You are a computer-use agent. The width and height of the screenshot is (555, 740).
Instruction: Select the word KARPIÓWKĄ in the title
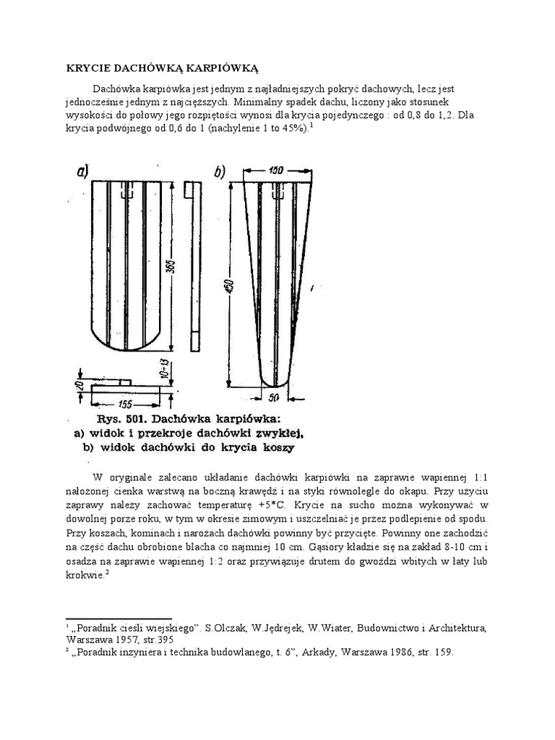(x=220, y=68)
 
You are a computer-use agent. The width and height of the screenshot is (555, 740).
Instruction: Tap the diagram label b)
(x=218, y=172)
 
